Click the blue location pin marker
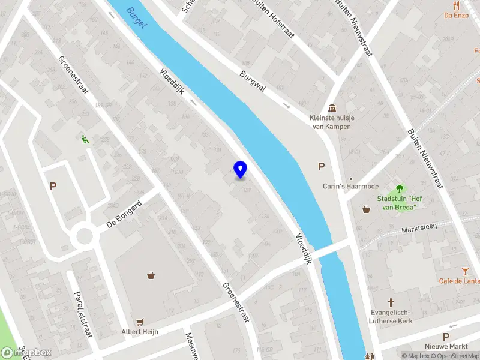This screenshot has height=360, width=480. tap(240, 169)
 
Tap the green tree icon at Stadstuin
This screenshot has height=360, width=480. tap(397, 188)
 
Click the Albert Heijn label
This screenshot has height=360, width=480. tap(139, 332)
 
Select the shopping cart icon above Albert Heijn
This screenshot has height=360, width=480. tap(139, 322)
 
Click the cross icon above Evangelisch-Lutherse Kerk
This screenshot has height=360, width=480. tap(391, 302)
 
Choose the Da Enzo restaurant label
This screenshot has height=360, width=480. tap(456, 15)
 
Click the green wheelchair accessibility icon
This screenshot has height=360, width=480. tap(85, 139)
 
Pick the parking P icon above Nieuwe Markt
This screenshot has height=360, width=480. tap(446, 337)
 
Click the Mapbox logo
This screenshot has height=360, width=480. tap(27, 352)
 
